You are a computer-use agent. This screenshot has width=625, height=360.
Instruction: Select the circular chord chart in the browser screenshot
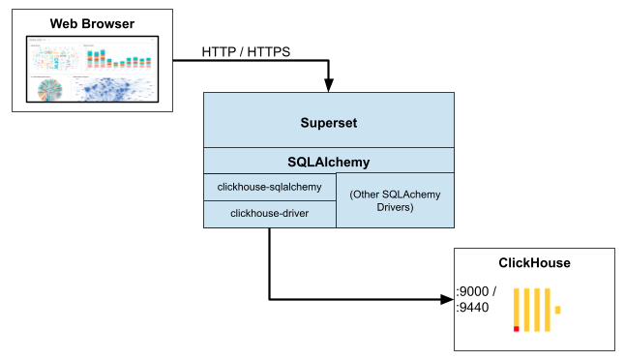48,89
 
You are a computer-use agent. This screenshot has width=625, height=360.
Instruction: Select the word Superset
329,123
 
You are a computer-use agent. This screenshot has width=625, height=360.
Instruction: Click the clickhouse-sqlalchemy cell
269,187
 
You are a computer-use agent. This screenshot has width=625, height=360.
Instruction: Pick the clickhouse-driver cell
269,213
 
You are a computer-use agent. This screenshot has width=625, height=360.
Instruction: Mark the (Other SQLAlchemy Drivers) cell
395,200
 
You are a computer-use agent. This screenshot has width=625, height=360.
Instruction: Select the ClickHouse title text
534,262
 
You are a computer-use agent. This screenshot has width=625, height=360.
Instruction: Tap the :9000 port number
474,290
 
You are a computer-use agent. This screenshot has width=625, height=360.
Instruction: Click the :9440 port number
474,308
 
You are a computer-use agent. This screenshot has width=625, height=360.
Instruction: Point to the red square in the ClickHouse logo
517,329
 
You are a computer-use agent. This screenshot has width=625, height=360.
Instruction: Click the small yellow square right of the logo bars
557,311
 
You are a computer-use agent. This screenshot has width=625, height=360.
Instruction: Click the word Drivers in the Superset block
395,208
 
